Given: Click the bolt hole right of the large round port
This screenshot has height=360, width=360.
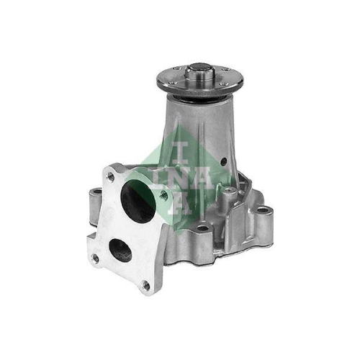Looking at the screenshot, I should point(164,195).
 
